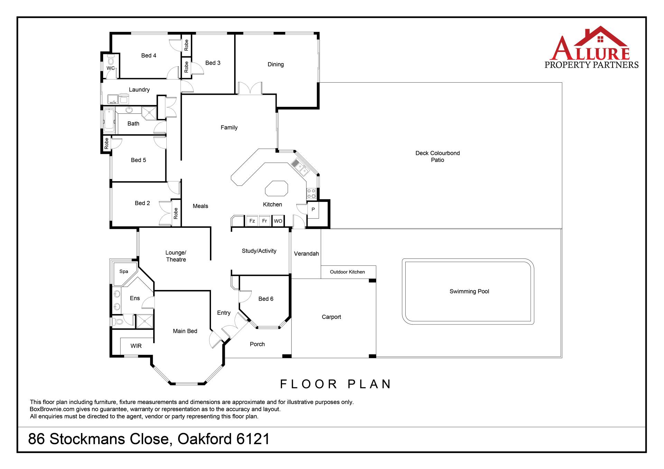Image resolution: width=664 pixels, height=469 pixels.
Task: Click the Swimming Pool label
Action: point(469,291)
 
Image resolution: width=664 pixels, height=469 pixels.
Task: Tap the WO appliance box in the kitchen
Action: point(278,221)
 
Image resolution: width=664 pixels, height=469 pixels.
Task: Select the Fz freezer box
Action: point(252,221)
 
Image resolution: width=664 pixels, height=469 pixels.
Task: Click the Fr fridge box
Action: point(265,221)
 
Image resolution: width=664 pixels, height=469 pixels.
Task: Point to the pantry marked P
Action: point(313,210)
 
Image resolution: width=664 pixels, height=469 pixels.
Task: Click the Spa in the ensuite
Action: point(123,272)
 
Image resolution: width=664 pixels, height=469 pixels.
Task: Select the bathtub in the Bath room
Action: point(109,121)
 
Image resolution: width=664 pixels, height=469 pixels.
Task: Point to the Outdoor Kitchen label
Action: point(347,272)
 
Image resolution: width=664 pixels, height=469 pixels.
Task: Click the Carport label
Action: point(331,317)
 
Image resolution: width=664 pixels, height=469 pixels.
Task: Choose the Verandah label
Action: point(306,254)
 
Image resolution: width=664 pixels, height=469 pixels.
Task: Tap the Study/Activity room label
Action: point(259,251)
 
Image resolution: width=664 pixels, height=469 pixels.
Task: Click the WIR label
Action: point(136,346)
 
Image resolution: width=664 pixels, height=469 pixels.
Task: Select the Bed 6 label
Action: point(266,299)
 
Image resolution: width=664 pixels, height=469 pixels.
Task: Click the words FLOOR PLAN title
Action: point(335,384)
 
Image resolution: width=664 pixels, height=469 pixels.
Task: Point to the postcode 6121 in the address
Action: point(253,439)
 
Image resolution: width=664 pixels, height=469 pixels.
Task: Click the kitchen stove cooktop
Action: point(311,194)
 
